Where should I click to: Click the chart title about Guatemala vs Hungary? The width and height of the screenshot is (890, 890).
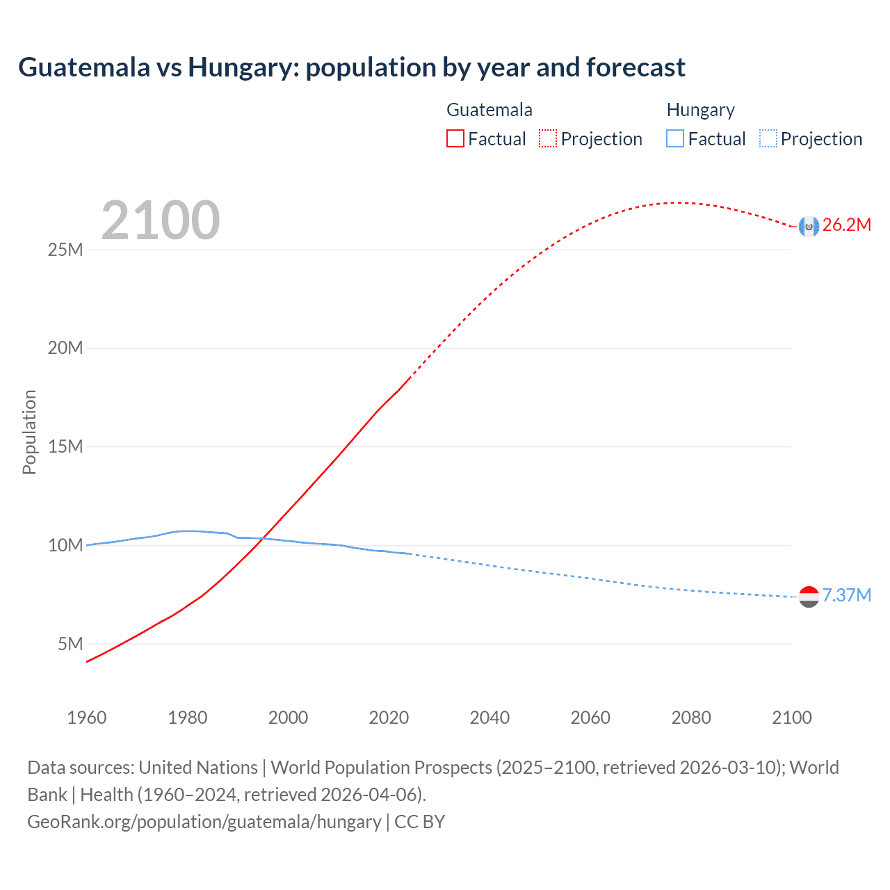(x=352, y=67)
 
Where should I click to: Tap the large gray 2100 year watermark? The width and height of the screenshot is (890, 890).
(x=161, y=220)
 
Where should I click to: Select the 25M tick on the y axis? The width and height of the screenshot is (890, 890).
(x=65, y=250)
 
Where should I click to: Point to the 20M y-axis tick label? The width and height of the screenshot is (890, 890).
(x=65, y=348)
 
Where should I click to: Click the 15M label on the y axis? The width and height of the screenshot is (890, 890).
(x=65, y=446)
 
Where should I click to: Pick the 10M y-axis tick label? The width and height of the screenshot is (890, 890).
(x=65, y=545)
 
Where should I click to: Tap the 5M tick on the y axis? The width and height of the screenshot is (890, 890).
(x=70, y=644)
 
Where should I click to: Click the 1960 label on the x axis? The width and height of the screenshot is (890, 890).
(x=87, y=718)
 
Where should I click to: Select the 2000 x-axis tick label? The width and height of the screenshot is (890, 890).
(x=288, y=718)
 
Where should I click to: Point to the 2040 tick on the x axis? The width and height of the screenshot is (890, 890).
(x=489, y=718)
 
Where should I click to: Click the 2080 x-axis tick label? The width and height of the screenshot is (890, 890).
(x=691, y=718)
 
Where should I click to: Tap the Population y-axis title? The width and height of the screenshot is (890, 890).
(x=29, y=432)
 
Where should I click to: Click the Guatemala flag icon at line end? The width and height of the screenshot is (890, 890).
(x=809, y=226)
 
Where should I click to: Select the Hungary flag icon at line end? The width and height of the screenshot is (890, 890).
(x=809, y=597)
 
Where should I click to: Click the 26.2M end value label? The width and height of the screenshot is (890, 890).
(x=846, y=225)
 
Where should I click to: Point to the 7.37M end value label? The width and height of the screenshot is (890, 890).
(x=846, y=595)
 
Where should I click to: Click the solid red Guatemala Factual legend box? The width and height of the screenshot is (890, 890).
(x=455, y=139)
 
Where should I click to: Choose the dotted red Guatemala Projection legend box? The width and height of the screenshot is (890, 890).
(x=548, y=139)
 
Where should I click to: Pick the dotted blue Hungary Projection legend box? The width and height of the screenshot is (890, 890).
(x=768, y=139)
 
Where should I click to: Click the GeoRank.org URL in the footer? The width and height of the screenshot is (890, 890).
(x=204, y=822)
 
